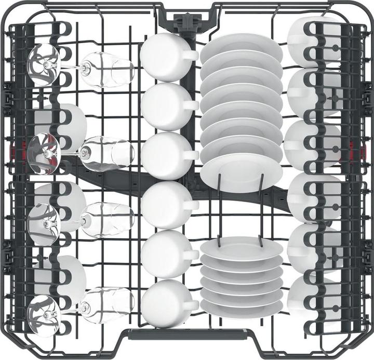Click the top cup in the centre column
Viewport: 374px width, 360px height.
pos(163,57)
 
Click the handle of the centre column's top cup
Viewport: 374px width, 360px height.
pos(191,55)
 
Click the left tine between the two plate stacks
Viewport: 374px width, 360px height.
pos(220,208)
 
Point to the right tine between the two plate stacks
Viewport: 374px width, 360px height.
pos(260,208)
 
